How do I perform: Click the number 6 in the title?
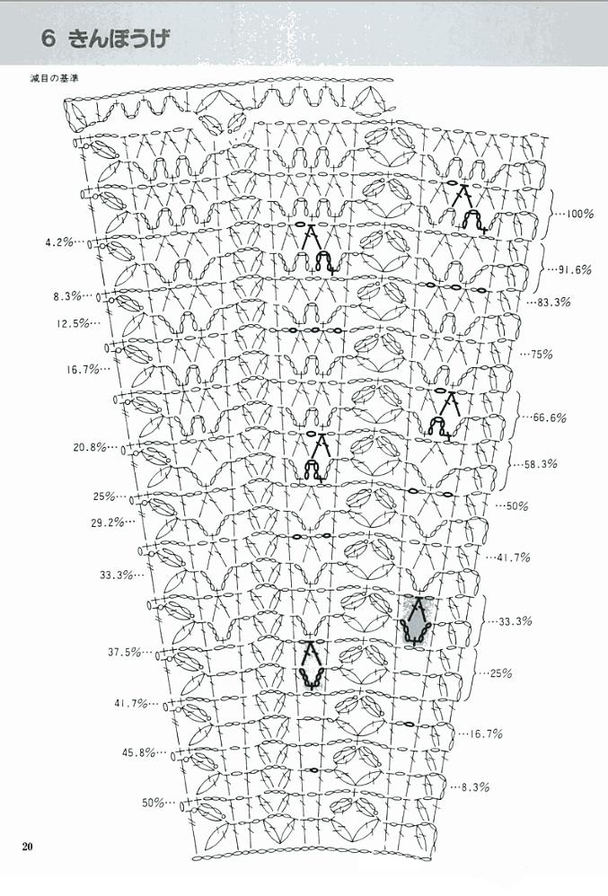(48, 39)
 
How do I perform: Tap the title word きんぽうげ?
(119, 39)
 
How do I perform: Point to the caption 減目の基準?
(54, 78)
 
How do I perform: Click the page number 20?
(28, 847)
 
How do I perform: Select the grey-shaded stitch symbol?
(416, 621)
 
